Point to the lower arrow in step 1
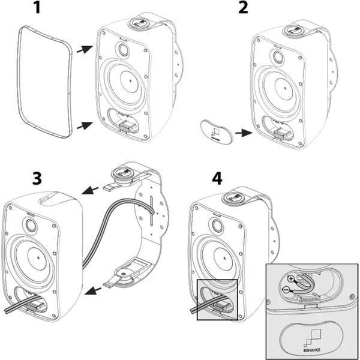(85, 125)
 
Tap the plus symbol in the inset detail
(291, 280)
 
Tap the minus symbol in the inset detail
(286, 290)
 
